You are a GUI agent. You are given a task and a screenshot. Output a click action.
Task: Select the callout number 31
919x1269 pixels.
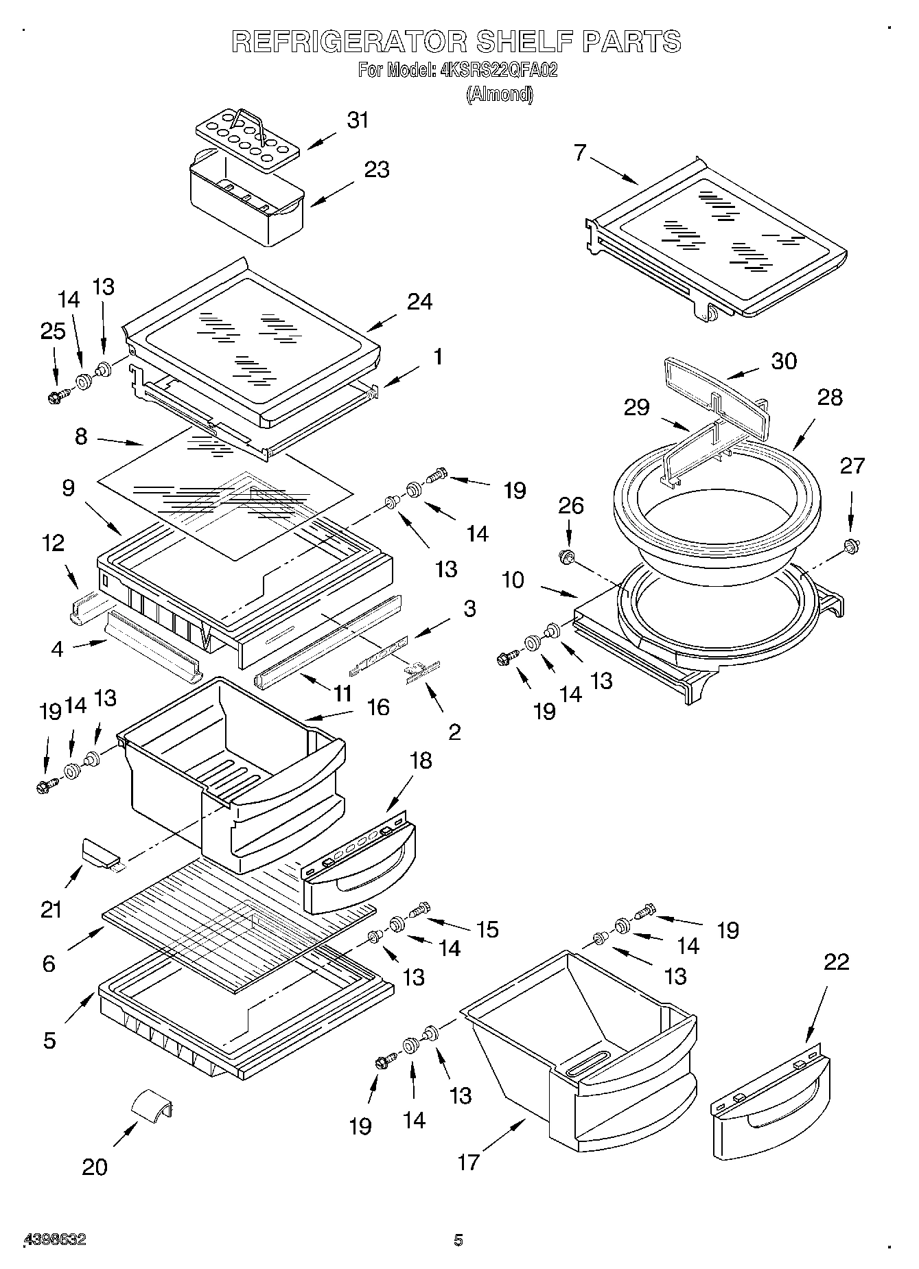pos(358,120)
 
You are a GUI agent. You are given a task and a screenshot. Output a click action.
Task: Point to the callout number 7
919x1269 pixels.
pos(581,152)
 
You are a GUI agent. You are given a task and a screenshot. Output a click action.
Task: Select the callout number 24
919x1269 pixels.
pos(419,301)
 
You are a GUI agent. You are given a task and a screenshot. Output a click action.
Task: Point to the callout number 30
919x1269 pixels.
pos(784,361)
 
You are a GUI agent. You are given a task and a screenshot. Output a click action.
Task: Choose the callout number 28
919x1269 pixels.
pos(829,397)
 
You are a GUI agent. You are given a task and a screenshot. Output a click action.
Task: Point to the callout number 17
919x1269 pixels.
pos(468,1162)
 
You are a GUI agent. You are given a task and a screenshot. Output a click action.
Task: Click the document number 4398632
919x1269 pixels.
pos(55,1239)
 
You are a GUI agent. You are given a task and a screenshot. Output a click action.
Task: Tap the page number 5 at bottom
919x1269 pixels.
pos(458,1239)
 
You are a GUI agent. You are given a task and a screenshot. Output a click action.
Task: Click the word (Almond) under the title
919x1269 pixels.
pos(499,95)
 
